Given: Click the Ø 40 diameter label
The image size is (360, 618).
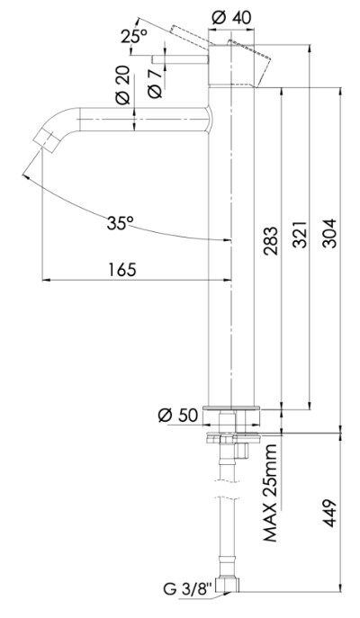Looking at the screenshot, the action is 230,17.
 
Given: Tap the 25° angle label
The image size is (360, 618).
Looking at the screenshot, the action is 134,37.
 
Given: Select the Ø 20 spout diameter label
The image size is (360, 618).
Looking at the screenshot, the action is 123,85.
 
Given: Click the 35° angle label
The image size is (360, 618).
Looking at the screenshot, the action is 120,223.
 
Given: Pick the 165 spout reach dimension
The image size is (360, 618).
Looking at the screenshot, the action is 122,270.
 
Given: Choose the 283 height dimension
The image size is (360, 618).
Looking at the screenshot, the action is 271,241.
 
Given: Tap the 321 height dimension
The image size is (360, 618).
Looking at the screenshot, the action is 301,234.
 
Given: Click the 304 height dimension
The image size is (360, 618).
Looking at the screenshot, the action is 329,233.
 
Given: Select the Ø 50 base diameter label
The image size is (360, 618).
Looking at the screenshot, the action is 178,415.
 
